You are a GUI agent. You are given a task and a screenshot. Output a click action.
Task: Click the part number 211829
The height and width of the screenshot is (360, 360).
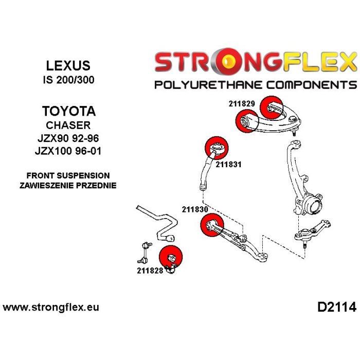pyautogui.click(x=242, y=103)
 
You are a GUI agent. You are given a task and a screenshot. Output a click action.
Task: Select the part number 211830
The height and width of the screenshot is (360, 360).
pyautogui.click(x=194, y=209)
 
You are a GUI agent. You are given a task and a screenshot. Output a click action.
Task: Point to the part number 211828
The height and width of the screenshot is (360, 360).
pyautogui.click(x=150, y=271)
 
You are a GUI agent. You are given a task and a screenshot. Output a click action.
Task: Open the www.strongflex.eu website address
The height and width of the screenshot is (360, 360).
pyautogui.click(x=51, y=308)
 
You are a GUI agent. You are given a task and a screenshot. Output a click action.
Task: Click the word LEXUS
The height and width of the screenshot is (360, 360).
pyautogui.click(x=68, y=65)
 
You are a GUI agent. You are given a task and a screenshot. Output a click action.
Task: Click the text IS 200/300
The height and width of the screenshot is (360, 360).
pyautogui.click(x=68, y=80)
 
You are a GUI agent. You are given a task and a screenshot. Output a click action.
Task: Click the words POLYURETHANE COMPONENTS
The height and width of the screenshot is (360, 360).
pyautogui.click(x=255, y=84)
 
